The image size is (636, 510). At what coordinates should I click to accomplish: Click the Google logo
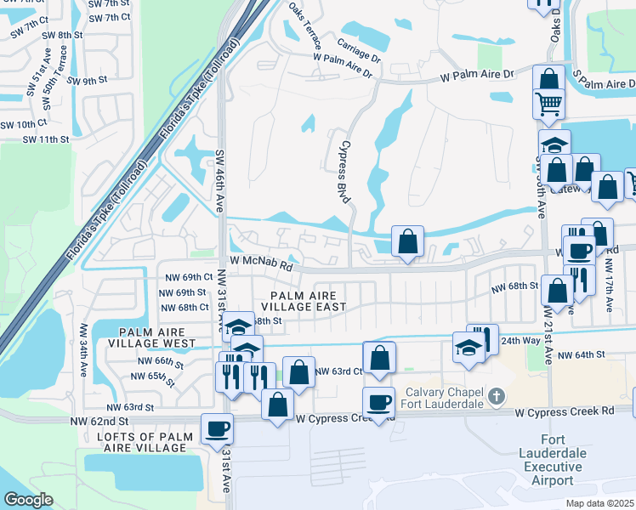pos(27,500)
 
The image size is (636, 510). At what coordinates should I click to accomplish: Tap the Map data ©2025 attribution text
pos(598,503)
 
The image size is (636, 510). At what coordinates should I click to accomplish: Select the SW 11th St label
pos(45,139)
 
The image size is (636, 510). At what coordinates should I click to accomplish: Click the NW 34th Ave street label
pos(84,349)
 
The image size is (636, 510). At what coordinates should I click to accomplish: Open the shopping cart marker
pos(549,104)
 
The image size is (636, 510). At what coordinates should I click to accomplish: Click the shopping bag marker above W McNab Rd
pos(408,241)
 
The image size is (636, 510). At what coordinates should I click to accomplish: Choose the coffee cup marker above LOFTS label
pos(216,429)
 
